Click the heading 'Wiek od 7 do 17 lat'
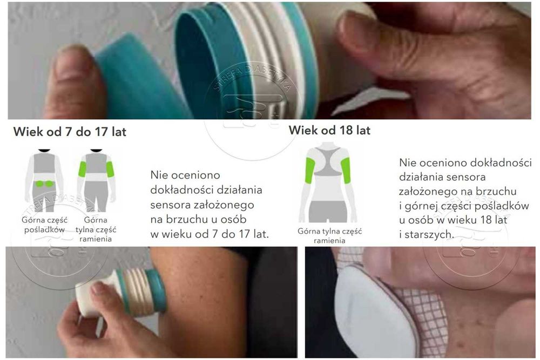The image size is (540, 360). coord(70,132)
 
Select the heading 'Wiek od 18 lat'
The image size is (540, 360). coord(329,130)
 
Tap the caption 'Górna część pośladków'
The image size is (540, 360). coord(43,225)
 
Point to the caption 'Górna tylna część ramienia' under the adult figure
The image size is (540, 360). coord(329,236)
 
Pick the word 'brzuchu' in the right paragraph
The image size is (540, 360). coord(497,191)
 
